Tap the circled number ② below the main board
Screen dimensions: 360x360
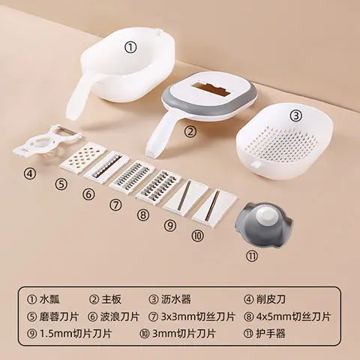pos(190,132)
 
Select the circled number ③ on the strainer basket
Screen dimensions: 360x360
pos(295,115)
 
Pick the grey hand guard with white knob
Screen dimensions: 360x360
pos(263,222)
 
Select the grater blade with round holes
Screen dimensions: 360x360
pos(79,158)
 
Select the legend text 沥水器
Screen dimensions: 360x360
pos(175,301)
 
